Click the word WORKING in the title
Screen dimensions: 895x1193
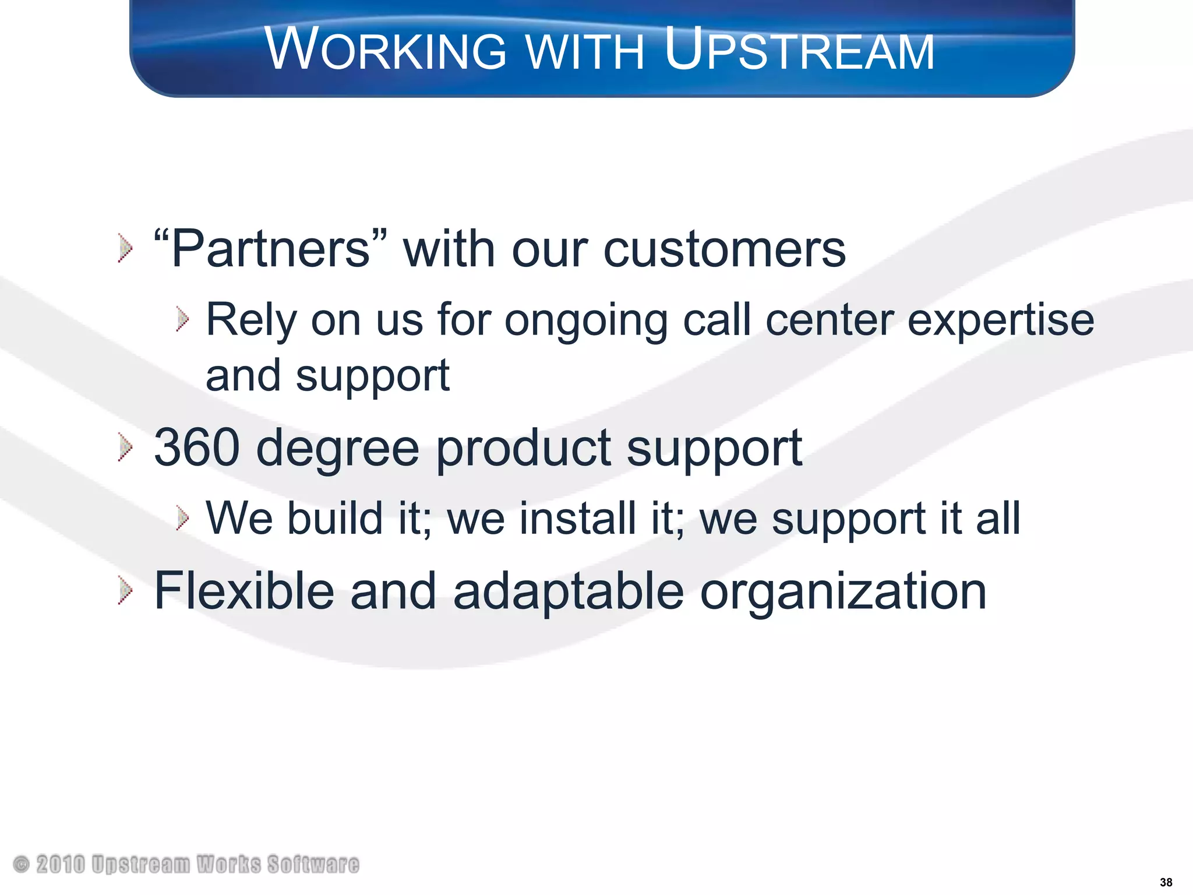click(x=386, y=50)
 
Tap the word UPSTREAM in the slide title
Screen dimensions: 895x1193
click(x=799, y=50)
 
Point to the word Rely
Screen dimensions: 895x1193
click(x=251, y=320)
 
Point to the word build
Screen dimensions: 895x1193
click(x=334, y=518)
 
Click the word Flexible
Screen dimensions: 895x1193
click(x=244, y=591)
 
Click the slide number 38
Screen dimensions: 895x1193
click(x=1166, y=882)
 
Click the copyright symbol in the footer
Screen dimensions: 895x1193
click(x=21, y=864)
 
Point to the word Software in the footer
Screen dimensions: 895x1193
click(x=313, y=865)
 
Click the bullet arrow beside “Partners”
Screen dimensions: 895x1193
click(x=125, y=248)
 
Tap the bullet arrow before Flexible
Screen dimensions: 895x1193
click(x=125, y=591)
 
